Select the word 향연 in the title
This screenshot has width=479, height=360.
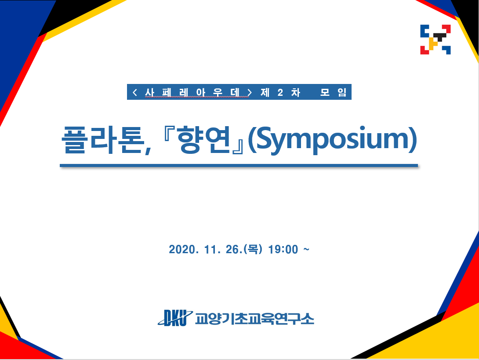click(203, 140)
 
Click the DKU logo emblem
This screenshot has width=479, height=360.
click(175, 318)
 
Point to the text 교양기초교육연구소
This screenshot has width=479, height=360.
click(254, 319)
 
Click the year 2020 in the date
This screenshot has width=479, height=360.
click(182, 249)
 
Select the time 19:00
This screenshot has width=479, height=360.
click(283, 249)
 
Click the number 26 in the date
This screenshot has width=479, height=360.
click(232, 249)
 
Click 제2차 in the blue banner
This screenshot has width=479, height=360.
click(280, 92)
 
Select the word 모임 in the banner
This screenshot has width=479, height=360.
click(333, 92)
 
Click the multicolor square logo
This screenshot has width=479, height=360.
click(435, 40)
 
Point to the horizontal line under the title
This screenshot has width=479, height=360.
click(239, 166)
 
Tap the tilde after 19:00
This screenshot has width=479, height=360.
click(306, 249)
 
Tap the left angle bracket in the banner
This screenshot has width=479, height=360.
click(135, 92)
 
